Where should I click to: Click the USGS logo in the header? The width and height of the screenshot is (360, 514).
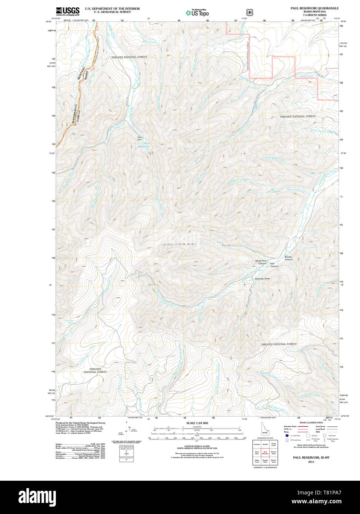(68, 11)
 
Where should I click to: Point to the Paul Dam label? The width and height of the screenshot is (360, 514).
(139, 138)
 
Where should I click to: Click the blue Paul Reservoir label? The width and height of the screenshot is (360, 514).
(144, 145)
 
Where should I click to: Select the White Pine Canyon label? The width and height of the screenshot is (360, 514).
(260, 262)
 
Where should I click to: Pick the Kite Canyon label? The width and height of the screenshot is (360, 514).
(274, 265)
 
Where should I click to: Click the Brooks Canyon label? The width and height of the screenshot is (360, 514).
(288, 258)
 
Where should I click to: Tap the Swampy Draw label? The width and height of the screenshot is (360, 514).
(262, 278)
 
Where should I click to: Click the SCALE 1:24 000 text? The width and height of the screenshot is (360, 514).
(197, 423)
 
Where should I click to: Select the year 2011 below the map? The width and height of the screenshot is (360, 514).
(311, 462)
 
